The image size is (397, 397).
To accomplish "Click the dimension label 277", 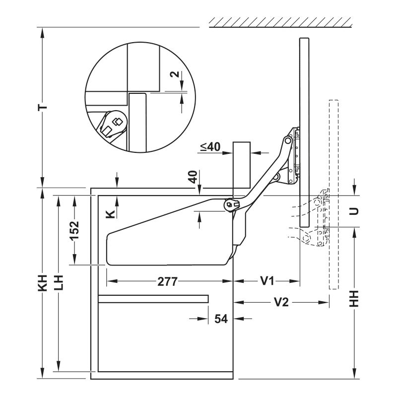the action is point(167,281).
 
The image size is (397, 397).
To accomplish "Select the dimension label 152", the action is point(74,230).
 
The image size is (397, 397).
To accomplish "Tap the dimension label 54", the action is point(221,319).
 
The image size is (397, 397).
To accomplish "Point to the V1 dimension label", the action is point(267,281).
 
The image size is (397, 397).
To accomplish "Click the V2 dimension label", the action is point(281,302).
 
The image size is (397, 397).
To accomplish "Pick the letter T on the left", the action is point(43,107).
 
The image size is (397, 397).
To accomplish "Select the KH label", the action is point(43,282).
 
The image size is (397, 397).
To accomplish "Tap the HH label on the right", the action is point(354,299).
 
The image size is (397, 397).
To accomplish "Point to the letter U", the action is point(354,211).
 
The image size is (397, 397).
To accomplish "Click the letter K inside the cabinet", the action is point(110,214).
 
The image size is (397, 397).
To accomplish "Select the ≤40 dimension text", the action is point(210,147).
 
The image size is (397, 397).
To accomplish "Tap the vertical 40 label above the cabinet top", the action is point(193,177).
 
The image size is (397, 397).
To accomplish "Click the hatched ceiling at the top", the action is point(280,22).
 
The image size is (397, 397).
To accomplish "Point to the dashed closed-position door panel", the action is point(333,195).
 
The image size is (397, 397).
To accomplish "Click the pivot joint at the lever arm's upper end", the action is point(288,140).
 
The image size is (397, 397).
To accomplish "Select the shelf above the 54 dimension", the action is point(153,299).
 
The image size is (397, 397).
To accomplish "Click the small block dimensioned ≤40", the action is point(242,165).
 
